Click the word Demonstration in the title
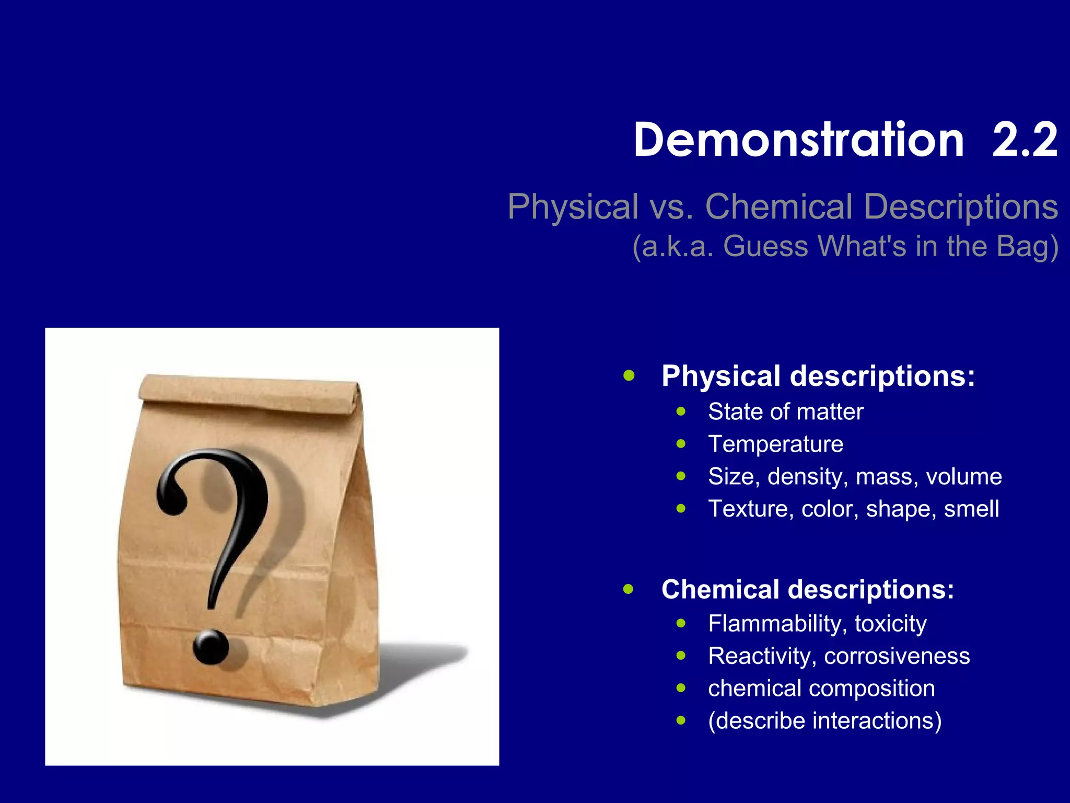[798, 140]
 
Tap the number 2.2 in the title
[1025, 140]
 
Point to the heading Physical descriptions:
[818, 376]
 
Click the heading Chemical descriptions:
[808, 589]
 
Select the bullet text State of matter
[786, 412]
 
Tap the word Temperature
[776, 444]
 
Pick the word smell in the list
[972, 509]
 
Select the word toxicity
[891, 624]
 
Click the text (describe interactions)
[825, 721]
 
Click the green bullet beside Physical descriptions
[629, 375]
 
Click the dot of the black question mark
[211, 647]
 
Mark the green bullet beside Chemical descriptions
[629, 589]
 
